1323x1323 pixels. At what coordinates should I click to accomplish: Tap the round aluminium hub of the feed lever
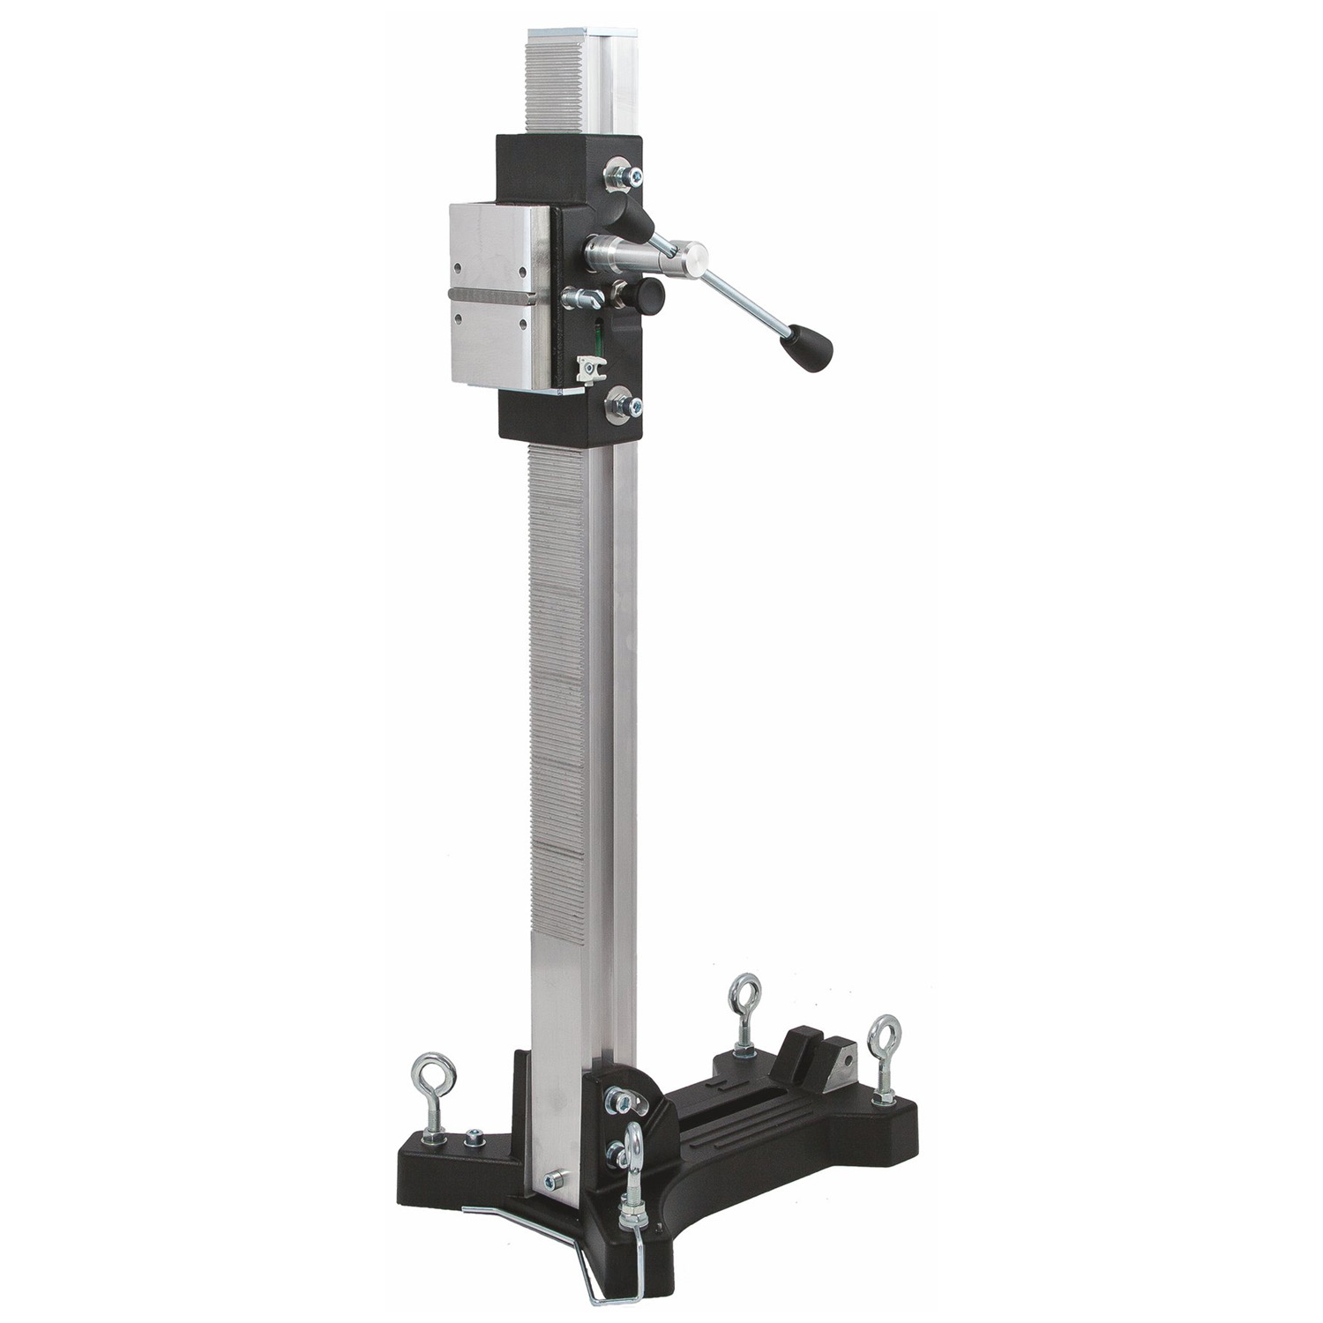coord(689,258)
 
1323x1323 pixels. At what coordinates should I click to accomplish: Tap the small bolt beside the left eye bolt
coord(474,1135)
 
